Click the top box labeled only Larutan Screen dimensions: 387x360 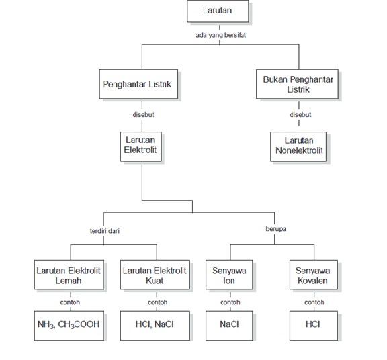click(218, 11)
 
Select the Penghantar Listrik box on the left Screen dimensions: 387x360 click(138, 84)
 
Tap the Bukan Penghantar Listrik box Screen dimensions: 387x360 click(297, 84)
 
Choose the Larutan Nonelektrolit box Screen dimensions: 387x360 click(298, 146)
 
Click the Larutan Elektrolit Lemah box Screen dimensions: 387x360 click(69, 275)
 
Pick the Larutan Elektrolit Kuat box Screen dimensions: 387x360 click(155, 275)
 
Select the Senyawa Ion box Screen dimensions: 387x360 click(229, 275)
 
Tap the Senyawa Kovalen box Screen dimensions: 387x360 click(314, 275)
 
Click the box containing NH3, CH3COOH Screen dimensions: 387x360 click(69, 326)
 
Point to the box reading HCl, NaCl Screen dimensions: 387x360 click(155, 326)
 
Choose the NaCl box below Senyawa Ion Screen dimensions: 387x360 click(229, 326)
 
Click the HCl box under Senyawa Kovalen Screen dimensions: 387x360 click(314, 326)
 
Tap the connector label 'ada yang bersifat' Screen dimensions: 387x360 click(220, 36)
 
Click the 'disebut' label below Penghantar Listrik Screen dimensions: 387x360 click(143, 114)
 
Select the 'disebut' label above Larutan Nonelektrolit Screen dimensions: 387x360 click(300, 114)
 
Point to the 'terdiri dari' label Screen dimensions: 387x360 click(105, 231)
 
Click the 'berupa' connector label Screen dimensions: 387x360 click(276, 229)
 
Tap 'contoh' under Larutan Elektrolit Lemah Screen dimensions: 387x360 click(70, 302)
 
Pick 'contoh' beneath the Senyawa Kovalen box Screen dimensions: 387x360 click(314, 302)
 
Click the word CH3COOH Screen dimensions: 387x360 click(79, 324)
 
